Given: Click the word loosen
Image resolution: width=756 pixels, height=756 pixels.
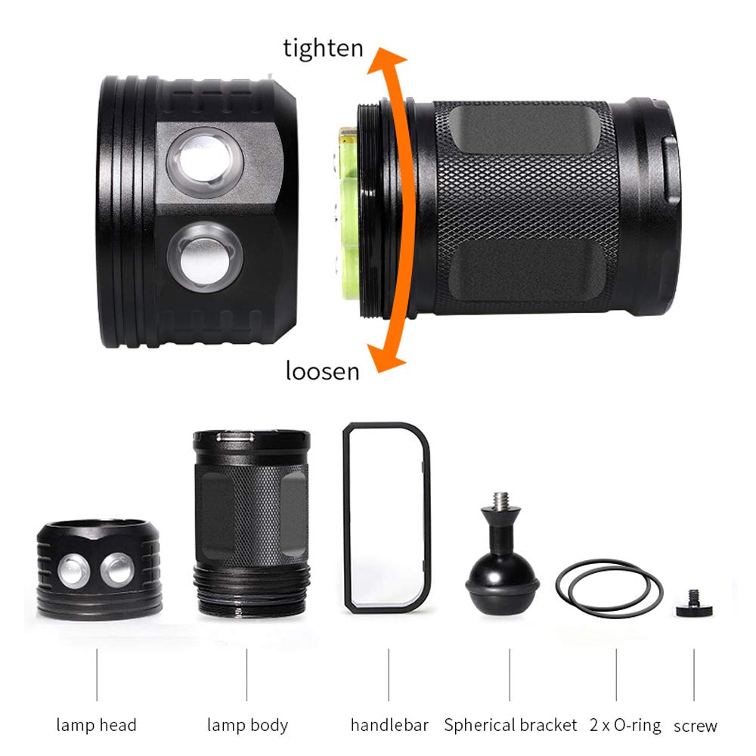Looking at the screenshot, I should point(322,371).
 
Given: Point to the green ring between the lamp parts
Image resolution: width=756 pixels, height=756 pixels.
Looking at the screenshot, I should point(349,212).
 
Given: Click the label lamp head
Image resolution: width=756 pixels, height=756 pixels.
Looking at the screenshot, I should point(96,725).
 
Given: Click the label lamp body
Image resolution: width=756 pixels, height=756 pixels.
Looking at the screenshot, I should point(247,725).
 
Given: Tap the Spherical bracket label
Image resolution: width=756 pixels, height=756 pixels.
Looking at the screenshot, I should point(510,725).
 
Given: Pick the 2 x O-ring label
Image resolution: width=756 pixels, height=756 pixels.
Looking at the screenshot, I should point(624,725).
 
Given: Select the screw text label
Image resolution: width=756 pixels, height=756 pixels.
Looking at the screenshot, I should point(696,726).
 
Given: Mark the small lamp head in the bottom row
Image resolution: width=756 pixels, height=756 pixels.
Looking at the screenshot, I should point(98,567).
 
